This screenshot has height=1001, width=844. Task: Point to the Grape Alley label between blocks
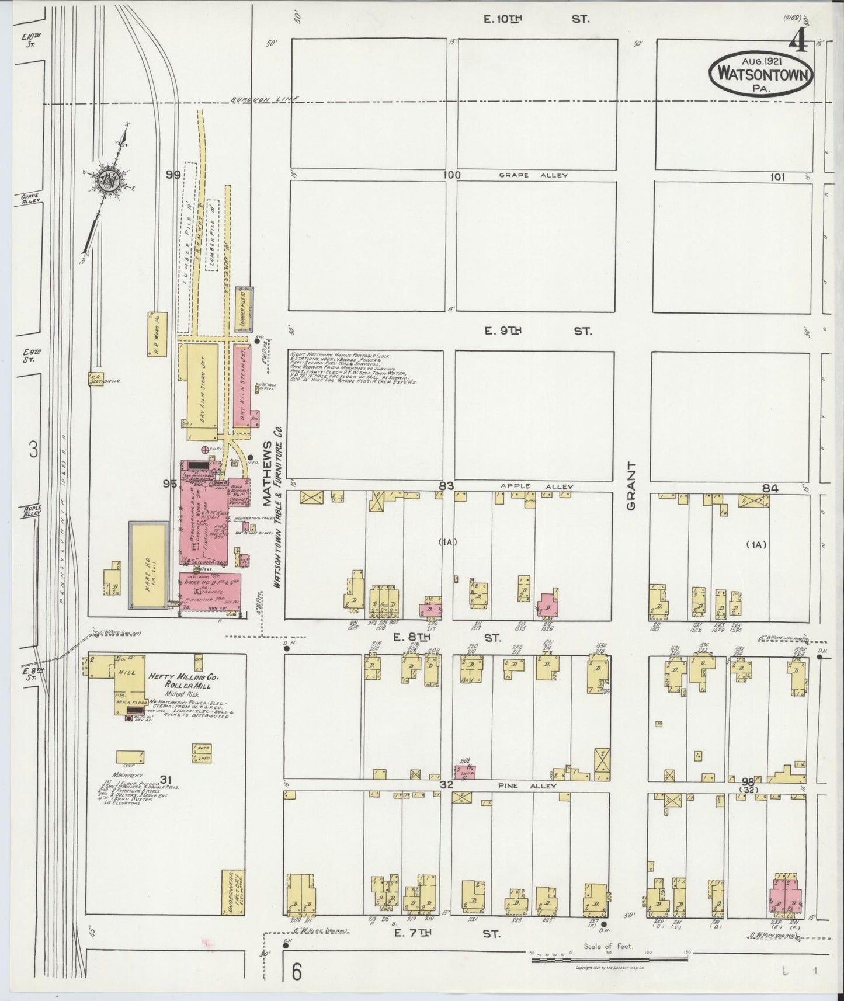click(533, 175)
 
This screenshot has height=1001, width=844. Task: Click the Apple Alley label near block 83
click(537, 486)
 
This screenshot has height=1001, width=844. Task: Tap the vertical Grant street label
click(631, 486)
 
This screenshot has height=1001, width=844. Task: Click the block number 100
click(451, 175)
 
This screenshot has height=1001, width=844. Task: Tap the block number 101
click(777, 178)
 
